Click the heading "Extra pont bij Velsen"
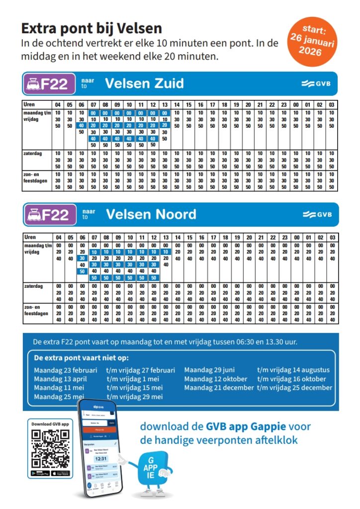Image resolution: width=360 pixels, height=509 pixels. coord(91,28)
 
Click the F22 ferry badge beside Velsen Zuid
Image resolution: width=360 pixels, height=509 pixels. coord(49,84)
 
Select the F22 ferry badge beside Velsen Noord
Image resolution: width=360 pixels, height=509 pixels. coord(49,215)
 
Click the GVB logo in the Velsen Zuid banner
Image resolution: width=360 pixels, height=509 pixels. coord(316,84)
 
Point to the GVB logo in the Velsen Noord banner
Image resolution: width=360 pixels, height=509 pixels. coord(316,215)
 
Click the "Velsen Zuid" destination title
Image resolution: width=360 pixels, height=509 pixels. coord(144,84)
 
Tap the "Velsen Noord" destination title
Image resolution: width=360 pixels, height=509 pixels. coord(151,215)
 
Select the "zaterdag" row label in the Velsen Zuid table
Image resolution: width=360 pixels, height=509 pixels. coord(33,154)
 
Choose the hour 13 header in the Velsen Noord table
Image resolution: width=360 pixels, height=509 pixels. coord(166,237)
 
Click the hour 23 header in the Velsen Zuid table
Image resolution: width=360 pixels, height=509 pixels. coord(284,104)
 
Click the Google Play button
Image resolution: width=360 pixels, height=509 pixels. coord(41,473)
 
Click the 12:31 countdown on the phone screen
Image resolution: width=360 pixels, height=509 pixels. coord(99,459)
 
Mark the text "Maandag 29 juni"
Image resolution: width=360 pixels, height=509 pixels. coord(209,370)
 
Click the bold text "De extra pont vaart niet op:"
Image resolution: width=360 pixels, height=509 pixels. coord(81,358)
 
